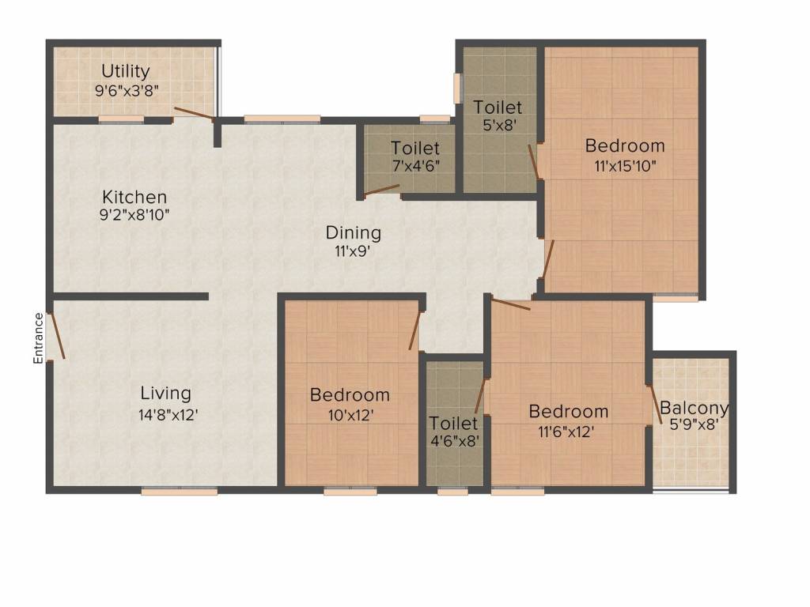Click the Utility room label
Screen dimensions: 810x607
tap(126, 70)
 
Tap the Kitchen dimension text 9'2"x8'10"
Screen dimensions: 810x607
tap(134, 215)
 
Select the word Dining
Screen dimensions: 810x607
tap(354, 233)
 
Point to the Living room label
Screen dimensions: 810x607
tap(166, 394)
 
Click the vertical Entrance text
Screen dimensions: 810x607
tap(38, 338)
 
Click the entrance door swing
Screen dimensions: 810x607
tap(56, 335)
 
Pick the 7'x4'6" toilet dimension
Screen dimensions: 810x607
tap(416, 167)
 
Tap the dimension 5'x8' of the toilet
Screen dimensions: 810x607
tap(498, 126)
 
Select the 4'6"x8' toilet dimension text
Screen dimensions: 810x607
tap(455, 441)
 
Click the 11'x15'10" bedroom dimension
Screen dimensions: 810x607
tap(625, 167)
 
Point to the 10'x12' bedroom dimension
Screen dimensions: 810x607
tap(350, 415)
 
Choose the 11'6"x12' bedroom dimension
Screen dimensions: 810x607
tap(566, 432)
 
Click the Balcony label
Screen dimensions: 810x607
tap(694, 408)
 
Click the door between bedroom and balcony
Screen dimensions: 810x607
tap(655, 404)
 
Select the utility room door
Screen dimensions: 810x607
tap(194, 114)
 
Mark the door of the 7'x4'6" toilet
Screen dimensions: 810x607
tap(381, 190)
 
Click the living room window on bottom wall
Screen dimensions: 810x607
tap(180, 492)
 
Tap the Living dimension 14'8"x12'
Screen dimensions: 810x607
tap(168, 415)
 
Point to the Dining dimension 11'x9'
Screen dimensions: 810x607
tap(353, 251)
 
